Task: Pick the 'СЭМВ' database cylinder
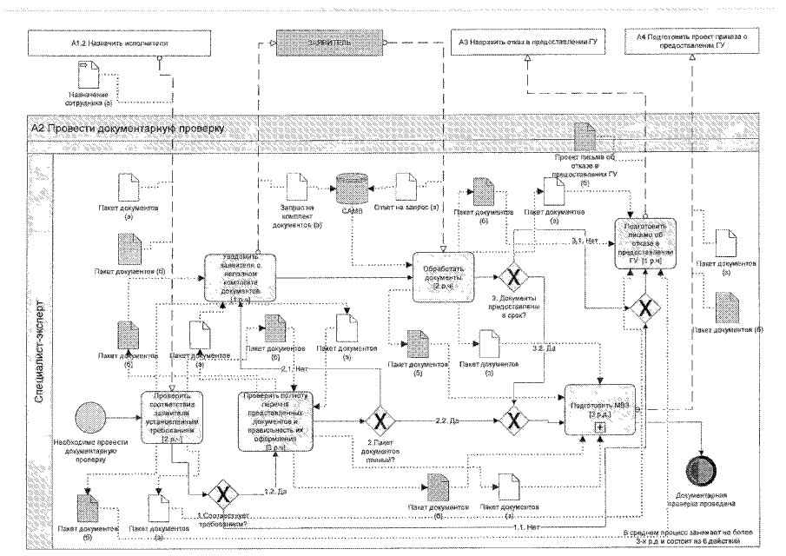click(352, 189)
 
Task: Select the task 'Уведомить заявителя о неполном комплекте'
click(241, 276)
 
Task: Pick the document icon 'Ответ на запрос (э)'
click(406, 187)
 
